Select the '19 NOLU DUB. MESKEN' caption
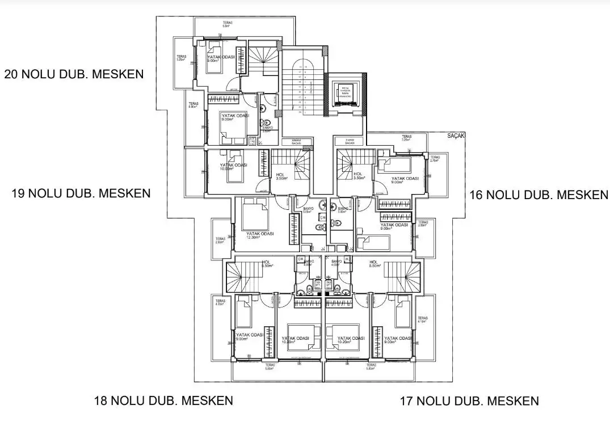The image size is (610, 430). click(x=81, y=193)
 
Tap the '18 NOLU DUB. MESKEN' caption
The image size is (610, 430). click(x=163, y=401)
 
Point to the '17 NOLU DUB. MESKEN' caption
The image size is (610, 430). click(x=469, y=401)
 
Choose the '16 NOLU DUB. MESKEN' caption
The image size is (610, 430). click(x=539, y=195)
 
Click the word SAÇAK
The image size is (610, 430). click(x=456, y=136)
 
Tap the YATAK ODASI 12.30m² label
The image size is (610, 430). click(x=260, y=235)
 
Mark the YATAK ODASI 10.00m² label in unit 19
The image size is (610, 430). click(x=233, y=167)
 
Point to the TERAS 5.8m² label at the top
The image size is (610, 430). click(x=227, y=24)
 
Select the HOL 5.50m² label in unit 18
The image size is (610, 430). click(x=267, y=264)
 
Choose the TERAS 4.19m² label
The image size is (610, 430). click(x=422, y=320)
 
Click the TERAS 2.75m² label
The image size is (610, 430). click(x=435, y=159)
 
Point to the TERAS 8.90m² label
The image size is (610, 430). click(x=194, y=105)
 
